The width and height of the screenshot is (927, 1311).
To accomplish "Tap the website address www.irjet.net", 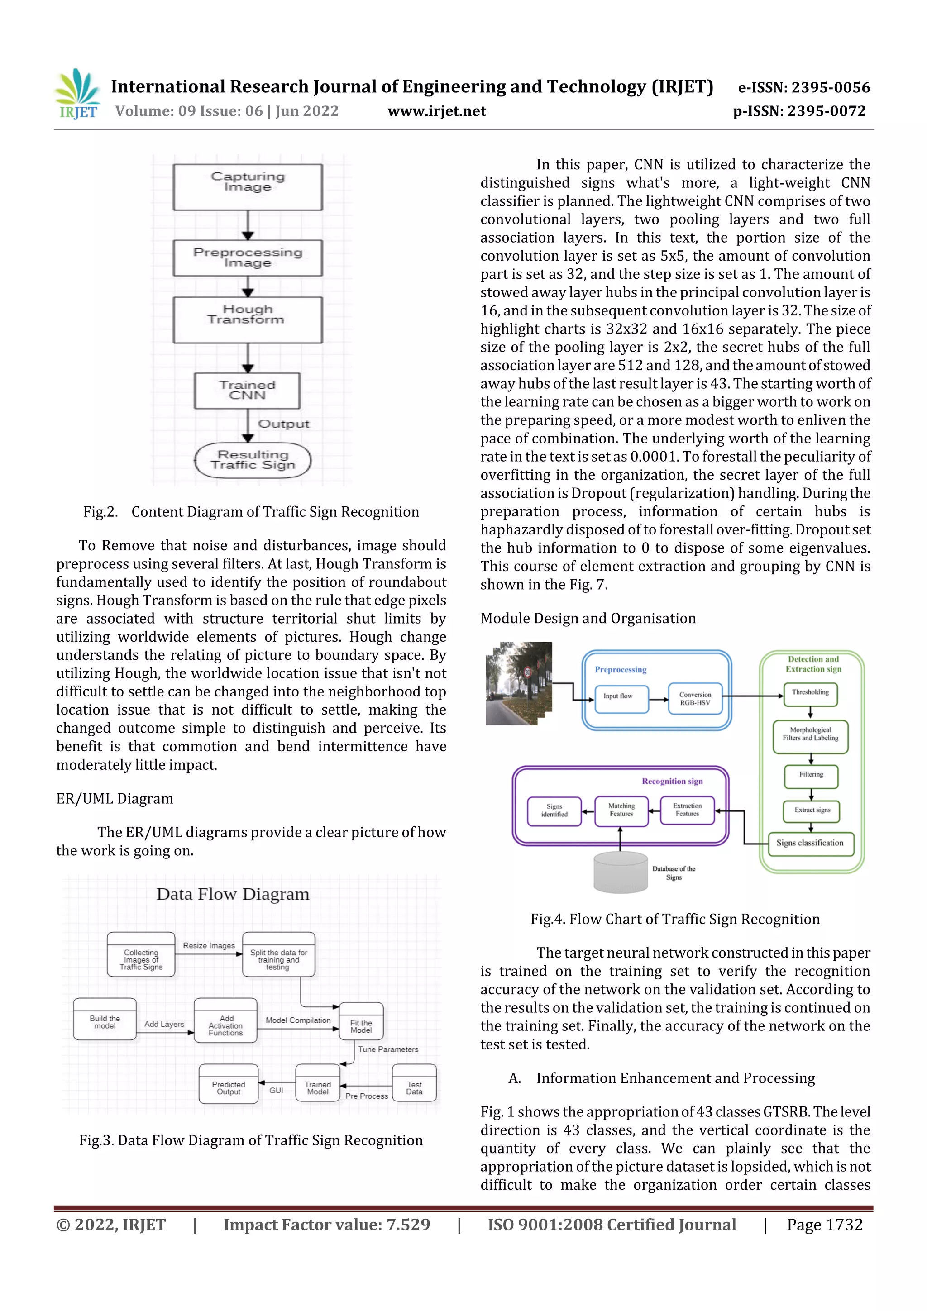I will click(436, 111).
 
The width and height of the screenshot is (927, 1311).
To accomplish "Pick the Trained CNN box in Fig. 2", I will click(247, 391).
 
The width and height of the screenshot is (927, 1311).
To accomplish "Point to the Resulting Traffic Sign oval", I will click(253, 460).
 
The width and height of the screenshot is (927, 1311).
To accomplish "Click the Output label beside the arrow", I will click(283, 424).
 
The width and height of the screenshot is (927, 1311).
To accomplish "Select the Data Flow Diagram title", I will click(233, 894).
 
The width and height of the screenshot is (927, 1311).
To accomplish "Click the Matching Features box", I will click(621, 810).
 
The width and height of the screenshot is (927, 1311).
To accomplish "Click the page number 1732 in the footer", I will click(824, 1225).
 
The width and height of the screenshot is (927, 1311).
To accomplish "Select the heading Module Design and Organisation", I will click(588, 618).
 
